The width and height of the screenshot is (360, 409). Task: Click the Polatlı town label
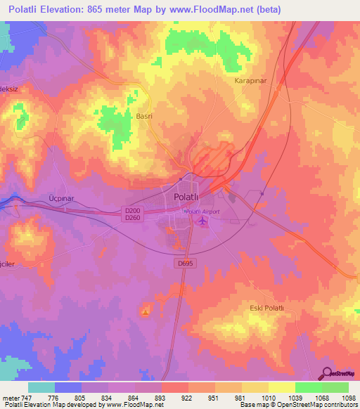pos(188,198)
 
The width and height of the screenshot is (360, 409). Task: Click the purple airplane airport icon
pos(204,222)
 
